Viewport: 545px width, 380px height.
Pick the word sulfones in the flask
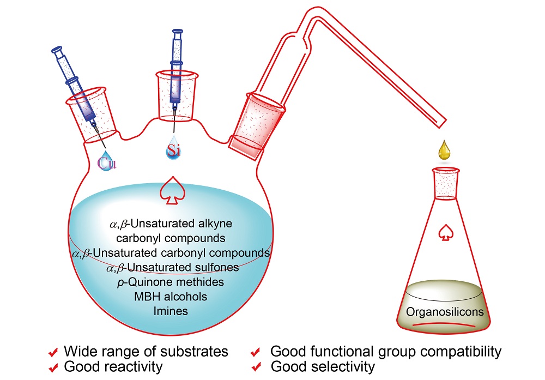pyautogui.click(x=218, y=267)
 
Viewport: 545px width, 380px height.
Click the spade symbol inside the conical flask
pyautogui.click(x=446, y=232)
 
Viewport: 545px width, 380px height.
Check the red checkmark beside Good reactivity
pyautogui.click(x=53, y=367)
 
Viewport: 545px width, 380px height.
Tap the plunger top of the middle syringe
pyautogui.click(x=177, y=33)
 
